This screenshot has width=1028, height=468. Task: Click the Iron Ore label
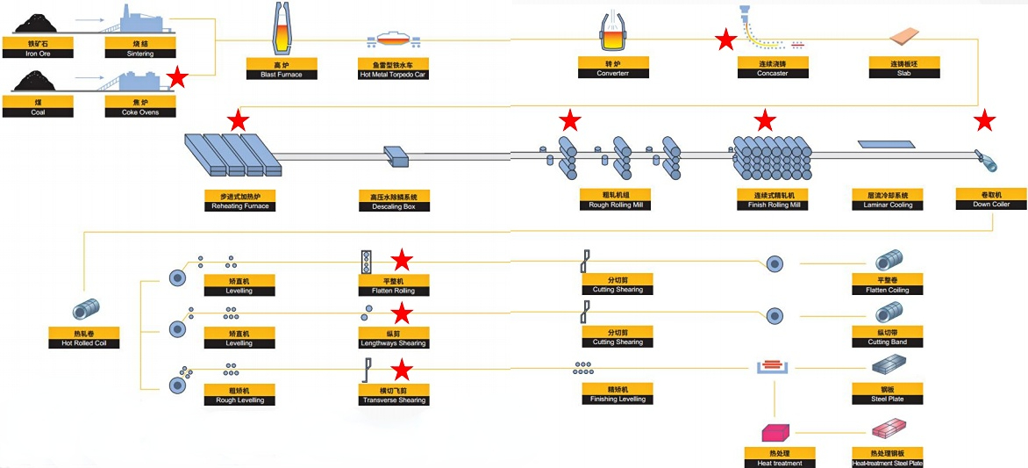38,48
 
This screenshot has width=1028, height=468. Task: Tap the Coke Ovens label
140,107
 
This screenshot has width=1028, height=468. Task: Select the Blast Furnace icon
282,33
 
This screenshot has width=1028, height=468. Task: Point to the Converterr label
613,68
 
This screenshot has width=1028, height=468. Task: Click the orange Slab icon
904,36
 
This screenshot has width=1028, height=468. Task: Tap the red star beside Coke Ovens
177,77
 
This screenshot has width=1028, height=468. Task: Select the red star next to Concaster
725,40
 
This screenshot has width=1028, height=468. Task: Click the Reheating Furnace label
239,201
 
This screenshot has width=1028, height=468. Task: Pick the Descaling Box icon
397,156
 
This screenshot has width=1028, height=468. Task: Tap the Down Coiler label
990,199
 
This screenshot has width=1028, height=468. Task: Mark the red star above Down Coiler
985,121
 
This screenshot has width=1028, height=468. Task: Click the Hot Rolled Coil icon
85,310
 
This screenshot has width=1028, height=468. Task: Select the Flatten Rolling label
394,285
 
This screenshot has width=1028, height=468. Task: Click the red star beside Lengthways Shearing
402,313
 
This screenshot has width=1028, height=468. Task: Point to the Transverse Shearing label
394,395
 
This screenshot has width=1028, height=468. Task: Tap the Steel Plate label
887,394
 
